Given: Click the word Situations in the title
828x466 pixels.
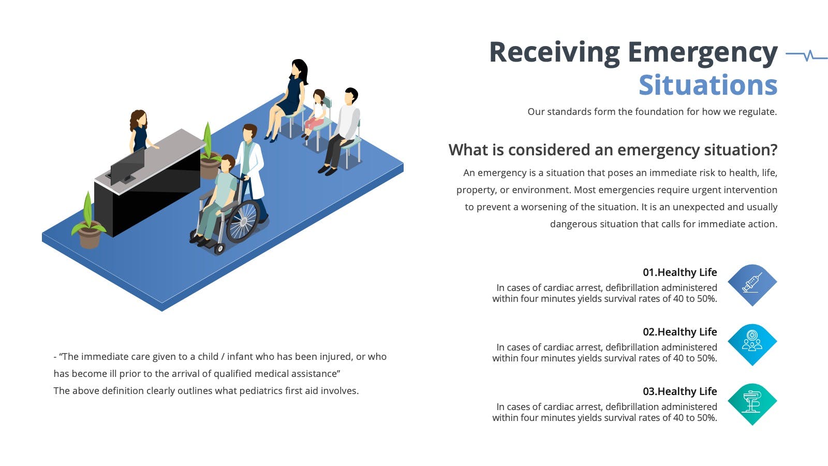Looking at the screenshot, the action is pyautogui.click(x=708, y=85).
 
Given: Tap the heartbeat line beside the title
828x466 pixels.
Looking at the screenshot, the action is pyautogui.click(x=806, y=55).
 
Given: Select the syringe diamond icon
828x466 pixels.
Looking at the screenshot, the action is pyautogui.click(x=752, y=285).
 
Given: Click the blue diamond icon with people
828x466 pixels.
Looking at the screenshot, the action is pyautogui.click(x=752, y=345).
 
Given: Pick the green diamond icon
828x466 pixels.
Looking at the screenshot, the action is pyautogui.click(x=752, y=404).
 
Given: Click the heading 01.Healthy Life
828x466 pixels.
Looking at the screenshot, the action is pyautogui.click(x=680, y=272).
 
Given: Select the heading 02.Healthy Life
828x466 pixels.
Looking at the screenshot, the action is pyautogui.click(x=680, y=332).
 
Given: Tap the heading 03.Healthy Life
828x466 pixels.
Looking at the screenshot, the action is pyautogui.click(x=680, y=391).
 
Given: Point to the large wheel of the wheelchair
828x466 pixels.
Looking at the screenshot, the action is pyautogui.click(x=243, y=221).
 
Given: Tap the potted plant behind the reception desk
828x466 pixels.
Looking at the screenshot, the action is pyautogui.click(x=210, y=152).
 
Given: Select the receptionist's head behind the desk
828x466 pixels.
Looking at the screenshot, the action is pyautogui.click(x=139, y=119).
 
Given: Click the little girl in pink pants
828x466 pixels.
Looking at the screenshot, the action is pyautogui.click(x=317, y=113).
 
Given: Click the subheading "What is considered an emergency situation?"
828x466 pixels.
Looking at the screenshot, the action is pyautogui.click(x=613, y=150).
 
